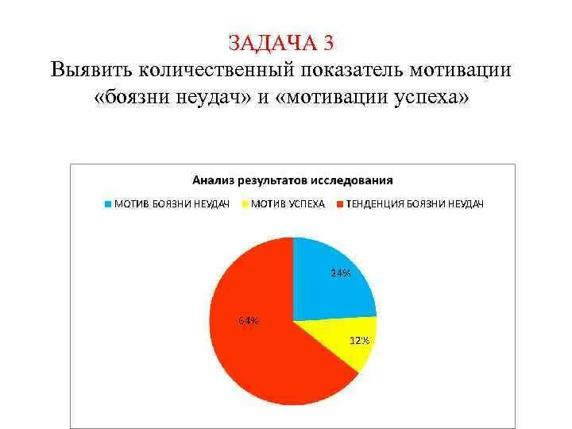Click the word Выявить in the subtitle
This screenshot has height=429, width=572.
click(91, 69)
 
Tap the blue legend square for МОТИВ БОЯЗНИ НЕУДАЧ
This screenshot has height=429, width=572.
click(108, 204)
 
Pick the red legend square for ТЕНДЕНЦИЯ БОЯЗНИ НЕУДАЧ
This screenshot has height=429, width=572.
click(340, 204)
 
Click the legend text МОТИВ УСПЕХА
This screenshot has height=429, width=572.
click(288, 204)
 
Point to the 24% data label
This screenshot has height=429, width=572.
click(341, 272)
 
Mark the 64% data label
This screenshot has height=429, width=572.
click(248, 321)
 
